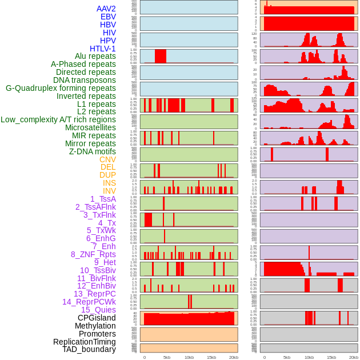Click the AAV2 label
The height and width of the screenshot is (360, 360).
click(x=106, y=9)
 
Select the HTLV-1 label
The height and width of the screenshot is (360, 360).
click(x=103, y=49)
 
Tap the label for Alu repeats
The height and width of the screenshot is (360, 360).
click(x=95, y=56)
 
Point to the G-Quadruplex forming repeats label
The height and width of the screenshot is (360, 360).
click(x=61, y=88)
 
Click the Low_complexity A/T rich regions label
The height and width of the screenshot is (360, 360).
click(x=58, y=119)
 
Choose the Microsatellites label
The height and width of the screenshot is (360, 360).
click(x=90, y=127)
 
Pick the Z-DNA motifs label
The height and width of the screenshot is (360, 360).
click(x=92, y=151)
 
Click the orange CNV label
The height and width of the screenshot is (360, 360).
click(x=107, y=159)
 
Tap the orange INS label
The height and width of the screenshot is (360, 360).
click(x=109, y=183)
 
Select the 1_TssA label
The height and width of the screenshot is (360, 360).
click(x=103, y=199)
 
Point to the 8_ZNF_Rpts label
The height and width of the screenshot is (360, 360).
click(x=93, y=254)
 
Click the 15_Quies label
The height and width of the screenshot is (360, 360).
click(x=98, y=310)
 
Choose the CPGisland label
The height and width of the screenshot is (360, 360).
click(x=97, y=318)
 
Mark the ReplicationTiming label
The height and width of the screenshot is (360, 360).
click(x=85, y=342)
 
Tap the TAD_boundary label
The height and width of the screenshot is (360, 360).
click(x=89, y=349)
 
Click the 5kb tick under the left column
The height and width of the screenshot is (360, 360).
click(x=167, y=357)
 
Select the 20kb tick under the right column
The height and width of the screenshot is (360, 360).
click(x=354, y=357)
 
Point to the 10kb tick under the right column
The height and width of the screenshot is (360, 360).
click(x=309, y=357)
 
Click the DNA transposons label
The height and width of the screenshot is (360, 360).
click(x=85, y=80)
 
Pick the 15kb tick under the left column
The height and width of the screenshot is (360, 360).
click(x=211, y=357)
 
